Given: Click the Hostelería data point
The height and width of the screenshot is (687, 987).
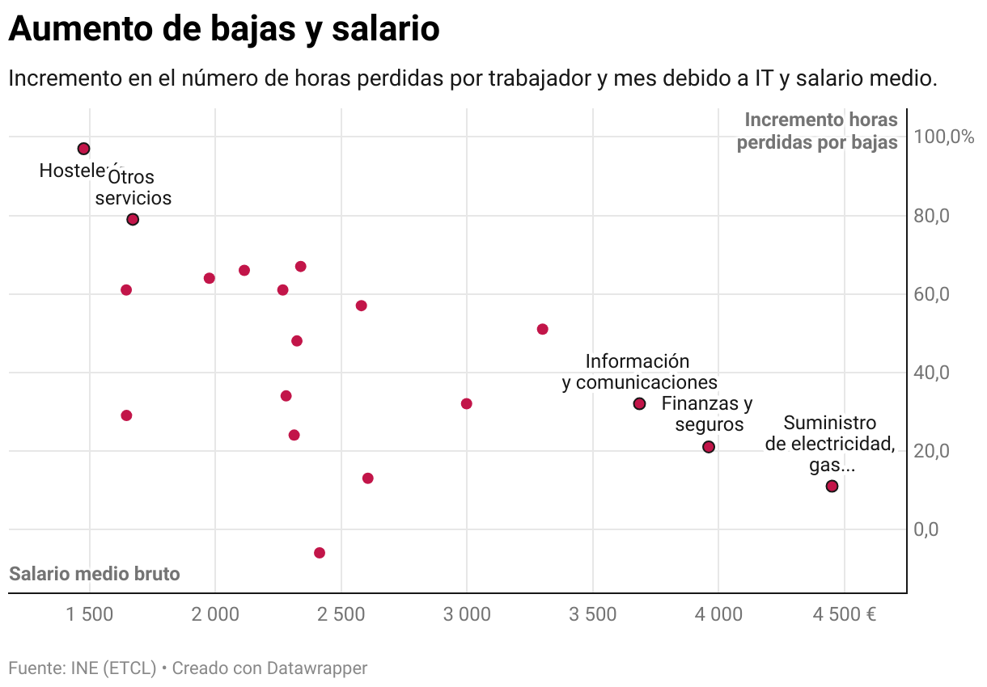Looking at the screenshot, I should click(83, 149).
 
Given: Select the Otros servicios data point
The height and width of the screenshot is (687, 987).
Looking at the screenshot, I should click(133, 219).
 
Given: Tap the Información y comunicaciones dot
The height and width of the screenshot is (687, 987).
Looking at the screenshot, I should click(639, 403).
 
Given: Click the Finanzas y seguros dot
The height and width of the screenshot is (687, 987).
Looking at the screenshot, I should click(709, 447).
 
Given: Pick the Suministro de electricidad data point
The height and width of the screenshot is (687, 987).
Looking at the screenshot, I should click(832, 486).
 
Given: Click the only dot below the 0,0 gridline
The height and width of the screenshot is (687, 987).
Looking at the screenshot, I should click(320, 553).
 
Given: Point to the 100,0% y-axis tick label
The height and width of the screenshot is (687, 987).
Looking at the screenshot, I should click(943, 137).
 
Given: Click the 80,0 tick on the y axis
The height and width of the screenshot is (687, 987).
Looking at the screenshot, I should click(931, 216).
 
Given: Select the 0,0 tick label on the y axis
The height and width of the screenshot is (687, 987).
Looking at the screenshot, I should click(926, 529).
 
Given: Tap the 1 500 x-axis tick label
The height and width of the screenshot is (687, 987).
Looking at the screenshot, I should click(90, 615).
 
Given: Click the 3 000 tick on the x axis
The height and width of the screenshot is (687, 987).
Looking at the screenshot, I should click(467, 615).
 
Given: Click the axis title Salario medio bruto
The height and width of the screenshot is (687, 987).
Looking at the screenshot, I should click(95, 574).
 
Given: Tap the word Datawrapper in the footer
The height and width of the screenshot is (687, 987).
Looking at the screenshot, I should click(317, 668).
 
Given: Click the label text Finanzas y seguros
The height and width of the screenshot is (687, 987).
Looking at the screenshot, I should click(706, 414).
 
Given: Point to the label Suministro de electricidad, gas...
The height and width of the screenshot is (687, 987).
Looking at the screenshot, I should click(830, 444).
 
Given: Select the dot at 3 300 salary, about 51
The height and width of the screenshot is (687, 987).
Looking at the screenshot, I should click(543, 329).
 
